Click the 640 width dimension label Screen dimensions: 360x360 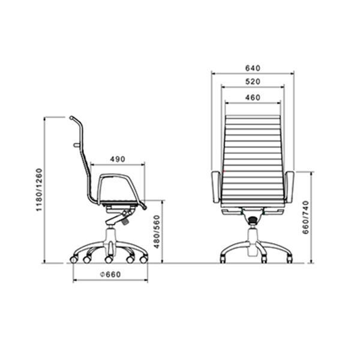tap(253, 68)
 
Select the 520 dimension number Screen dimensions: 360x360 tap(253, 82)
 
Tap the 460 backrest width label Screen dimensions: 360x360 tap(253, 98)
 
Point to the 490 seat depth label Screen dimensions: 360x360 tap(118, 159)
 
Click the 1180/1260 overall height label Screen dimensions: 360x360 tap(39, 190)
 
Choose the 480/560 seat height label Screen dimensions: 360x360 tap(157, 232)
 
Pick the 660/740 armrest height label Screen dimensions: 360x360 tap(305, 217)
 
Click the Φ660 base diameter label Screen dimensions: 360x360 tap(110, 274)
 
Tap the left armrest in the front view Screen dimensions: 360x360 tap(216, 187)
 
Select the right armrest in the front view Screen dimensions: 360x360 tap(289, 187)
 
